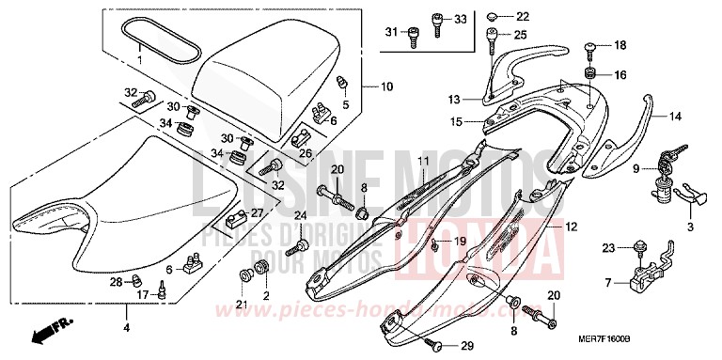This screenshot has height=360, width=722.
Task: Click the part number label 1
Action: click(x=140, y=59)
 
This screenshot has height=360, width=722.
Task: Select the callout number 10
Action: click(x=387, y=87)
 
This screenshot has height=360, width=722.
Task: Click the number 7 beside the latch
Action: click(x=609, y=282)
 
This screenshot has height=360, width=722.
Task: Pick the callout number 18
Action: click(x=619, y=45)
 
